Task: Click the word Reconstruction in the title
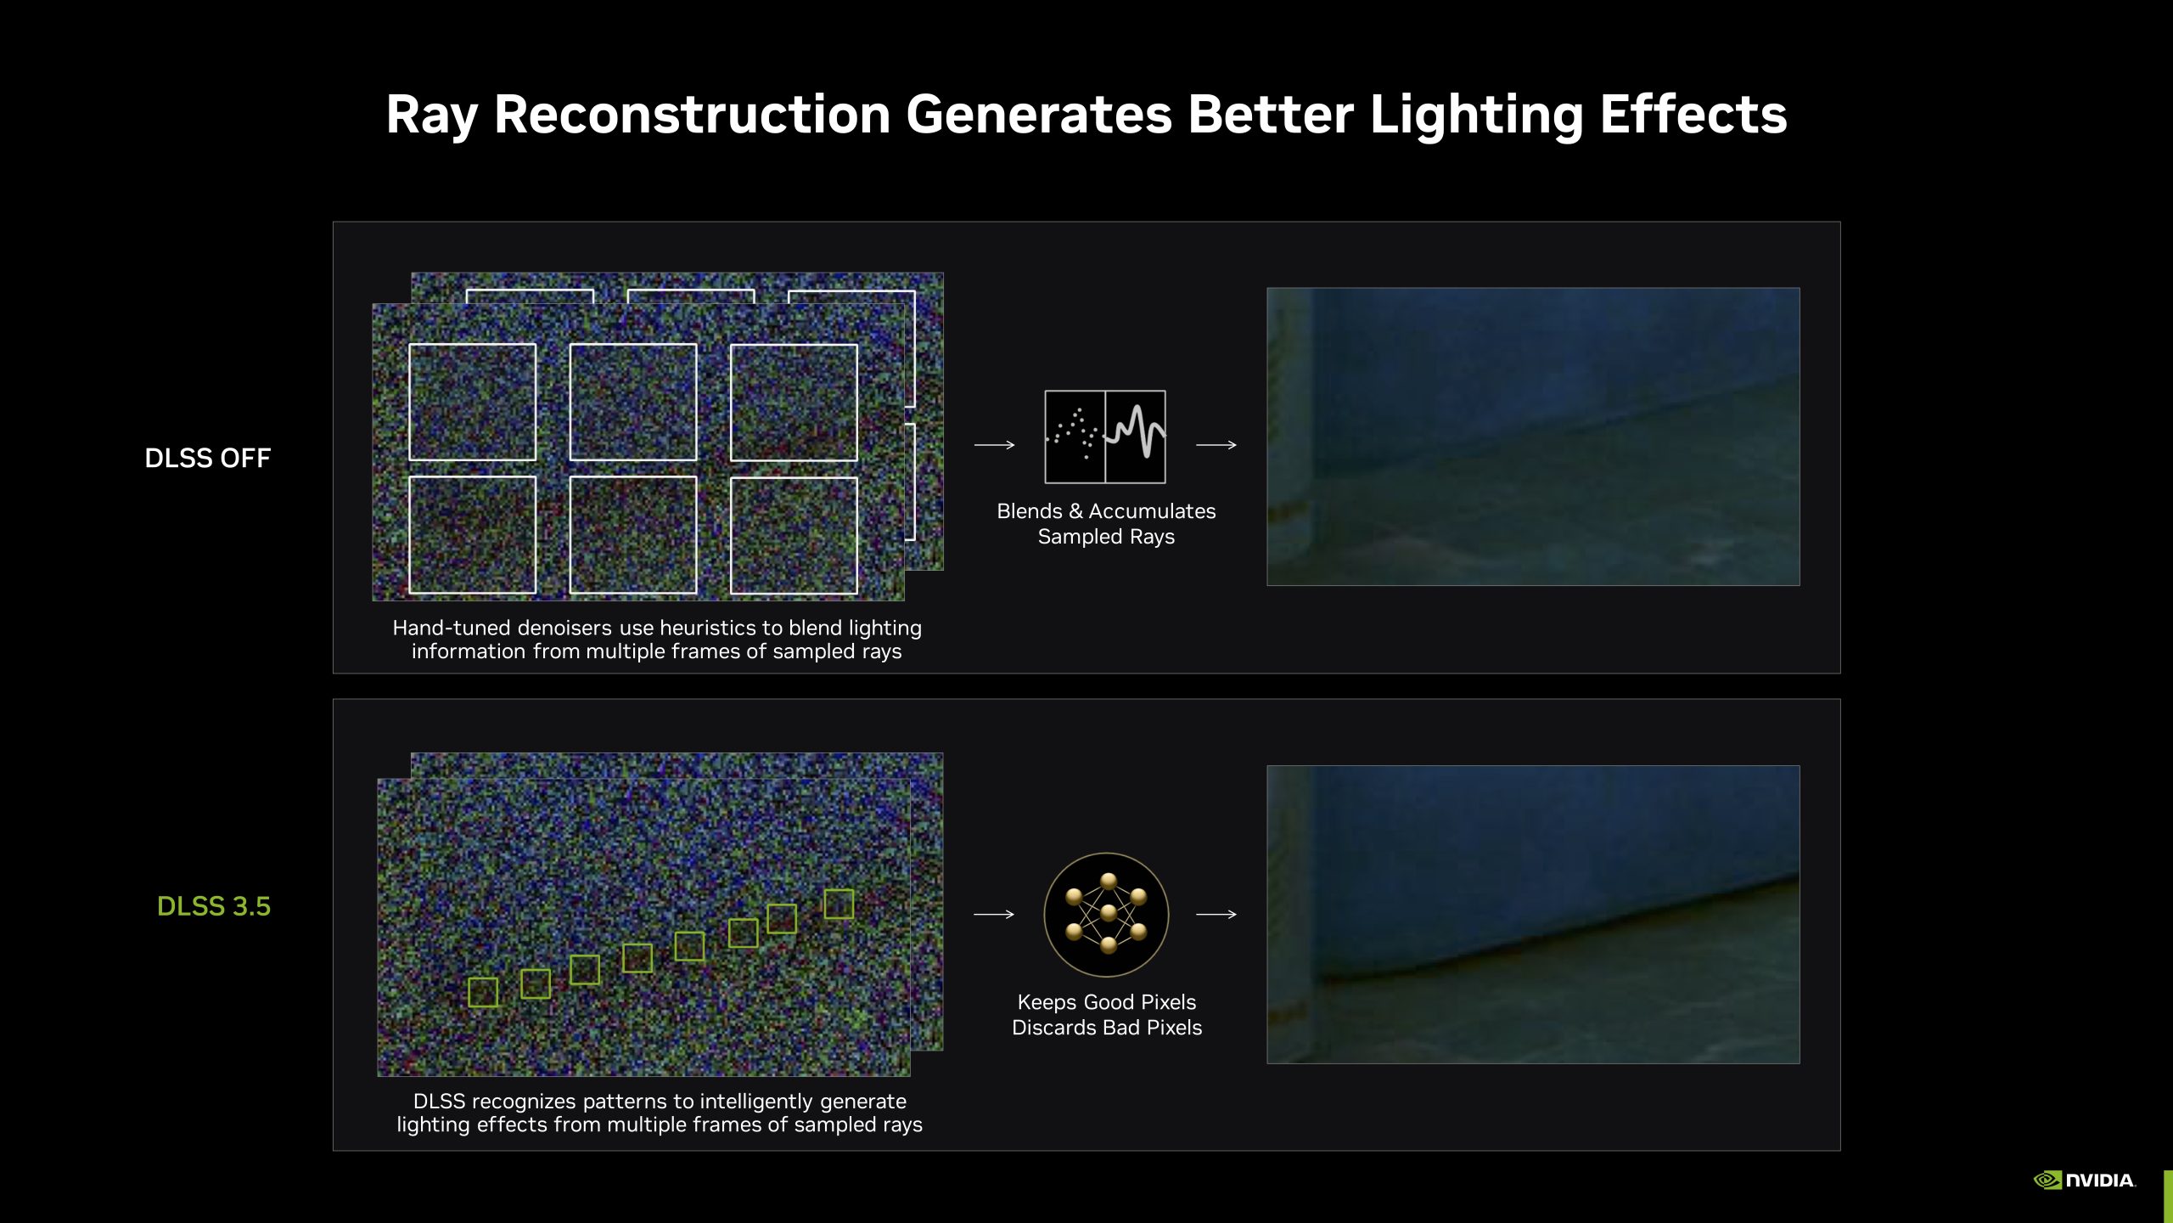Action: pyautogui.click(x=692, y=115)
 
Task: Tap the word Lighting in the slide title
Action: pyautogui.click(x=1476, y=116)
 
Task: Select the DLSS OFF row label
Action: pyautogui.click(x=208, y=458)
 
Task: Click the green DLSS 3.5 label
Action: pyautogui.click(x=214, y=906)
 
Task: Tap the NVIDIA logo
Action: pyautogui.click(x=2085, y=1180)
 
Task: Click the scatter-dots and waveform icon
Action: pyautogui.click(x=1105, y=437)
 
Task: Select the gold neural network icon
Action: pyautogui.click(x=1106, y=915)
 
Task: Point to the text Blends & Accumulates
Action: pyautogui.click(x=1106, y=511)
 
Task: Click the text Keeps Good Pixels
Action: pyautogui.click(x=1107, y=1002)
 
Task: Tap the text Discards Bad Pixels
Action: pyautogui.click(x=1107, y=1028)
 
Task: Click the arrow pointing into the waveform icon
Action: pyautogui.click(x=995, y=444)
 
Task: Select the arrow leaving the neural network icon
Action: pyautogui.click(x=1216, y=914)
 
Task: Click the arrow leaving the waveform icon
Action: pyautogui.click(x=1216, y=444)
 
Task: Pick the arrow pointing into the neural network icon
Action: pyautogui.click(x=994, y=914)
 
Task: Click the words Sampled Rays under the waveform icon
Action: pyautogui.click(x=1106, y=537)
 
